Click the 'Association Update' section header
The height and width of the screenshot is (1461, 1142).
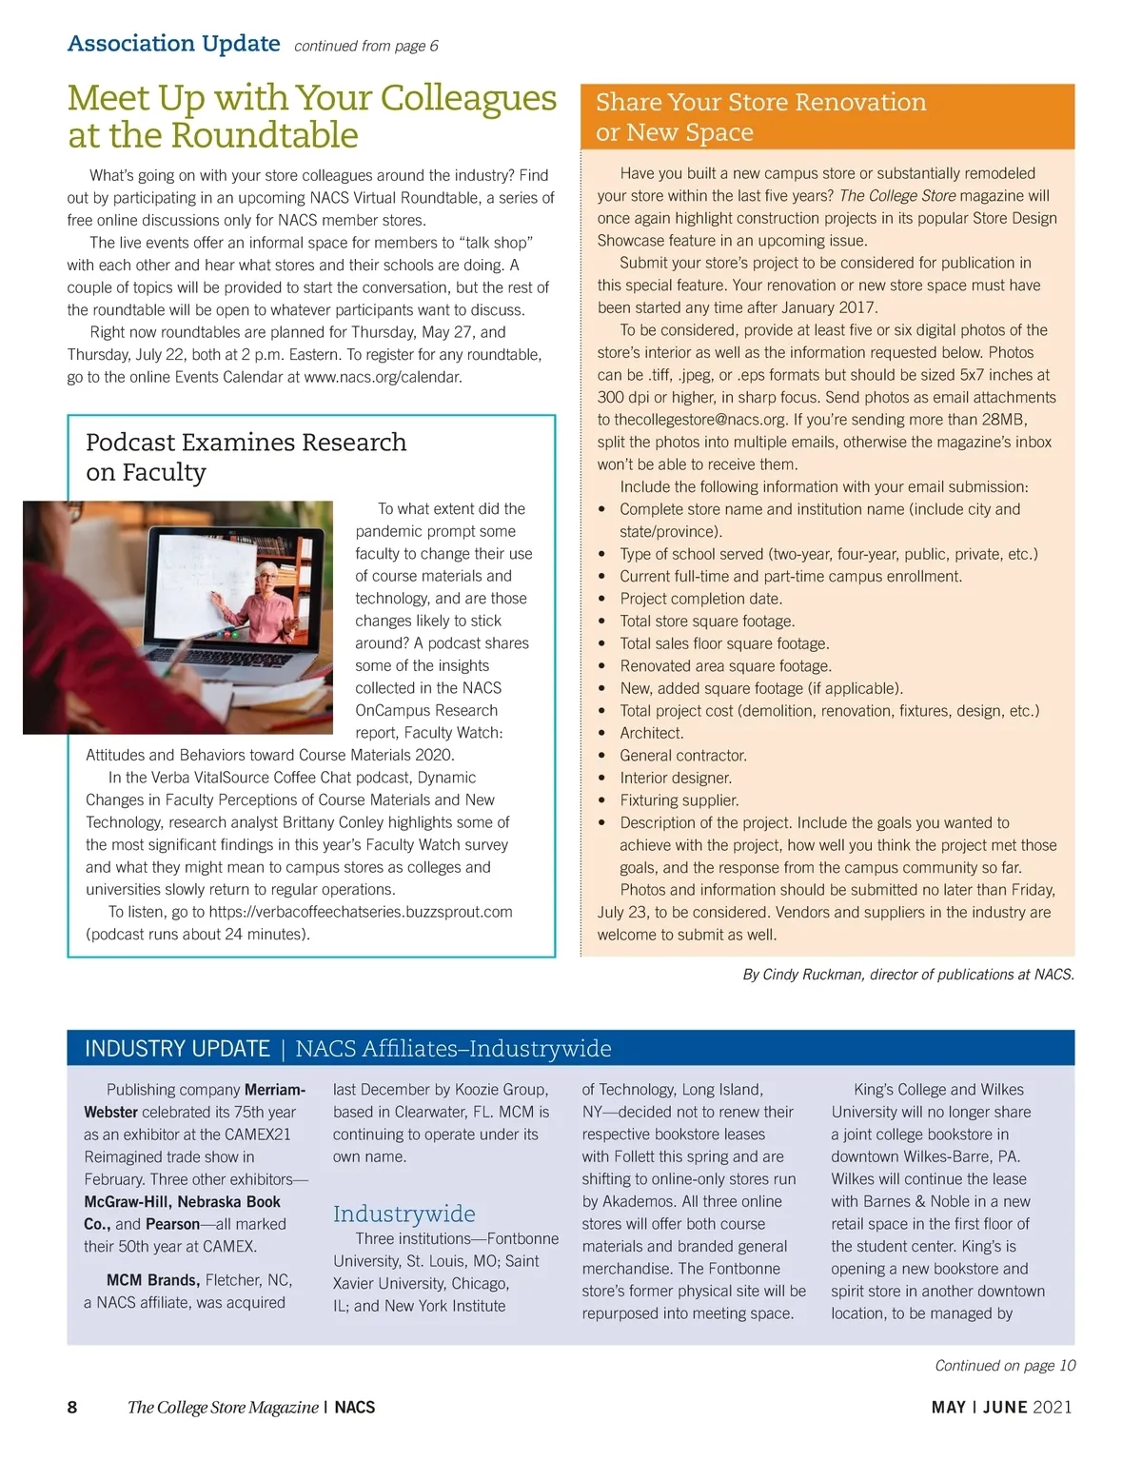point(173,44)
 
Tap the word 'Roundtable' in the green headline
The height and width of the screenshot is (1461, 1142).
point(266,135)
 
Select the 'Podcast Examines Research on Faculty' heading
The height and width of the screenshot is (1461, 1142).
point(246,457)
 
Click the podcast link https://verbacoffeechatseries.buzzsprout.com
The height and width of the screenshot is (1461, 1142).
point(360,912)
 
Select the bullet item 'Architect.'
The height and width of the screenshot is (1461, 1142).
point(651,733)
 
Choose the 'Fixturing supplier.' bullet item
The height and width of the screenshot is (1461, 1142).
point(679,800)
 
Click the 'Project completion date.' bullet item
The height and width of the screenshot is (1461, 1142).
point(700,599)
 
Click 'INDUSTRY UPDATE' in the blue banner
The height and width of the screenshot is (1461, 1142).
point(177,1048)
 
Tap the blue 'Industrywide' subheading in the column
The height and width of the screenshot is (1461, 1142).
point(404,1214)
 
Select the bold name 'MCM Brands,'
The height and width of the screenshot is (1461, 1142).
point(152,1280)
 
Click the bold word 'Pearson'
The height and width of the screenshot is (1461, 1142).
point(172,1224)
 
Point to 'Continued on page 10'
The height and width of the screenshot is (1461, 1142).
point(1004,1366)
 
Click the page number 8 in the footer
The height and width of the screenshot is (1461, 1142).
point(72,1408)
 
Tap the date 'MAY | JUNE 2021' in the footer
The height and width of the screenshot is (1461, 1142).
point(1001,1408)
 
